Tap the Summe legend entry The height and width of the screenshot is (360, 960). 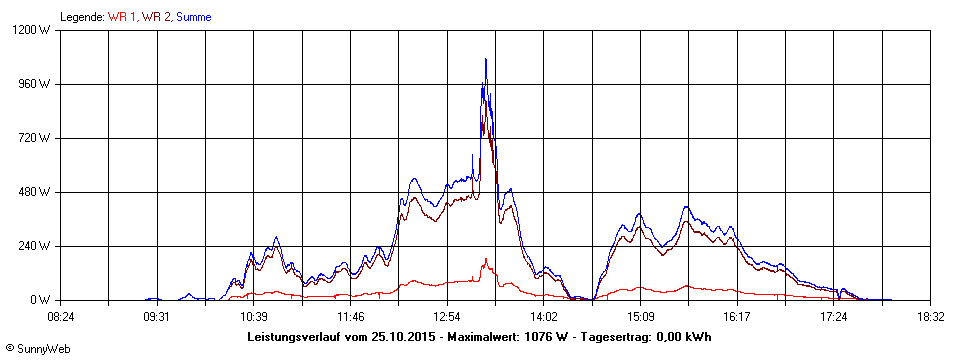click(194, 17)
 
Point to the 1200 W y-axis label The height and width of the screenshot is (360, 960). click(35, 30)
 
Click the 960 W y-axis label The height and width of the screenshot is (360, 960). click(38, 84)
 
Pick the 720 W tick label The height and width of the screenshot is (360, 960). click(38, 138)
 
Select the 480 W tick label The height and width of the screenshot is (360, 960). click(38, 192)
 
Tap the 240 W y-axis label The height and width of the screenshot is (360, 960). click(38, 246)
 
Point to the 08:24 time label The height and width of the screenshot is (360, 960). click(61, 316)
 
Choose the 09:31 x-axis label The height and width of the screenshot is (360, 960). click(157, 316)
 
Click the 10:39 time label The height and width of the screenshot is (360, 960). click(254, 316)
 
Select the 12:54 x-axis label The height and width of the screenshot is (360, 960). click(447, 316)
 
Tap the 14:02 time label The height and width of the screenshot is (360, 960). click(544, 316)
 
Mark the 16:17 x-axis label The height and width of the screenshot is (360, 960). click(737, 316)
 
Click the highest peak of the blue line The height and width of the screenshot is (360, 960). click(486, 59)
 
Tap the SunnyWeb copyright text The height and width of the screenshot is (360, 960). click(38, 349)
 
